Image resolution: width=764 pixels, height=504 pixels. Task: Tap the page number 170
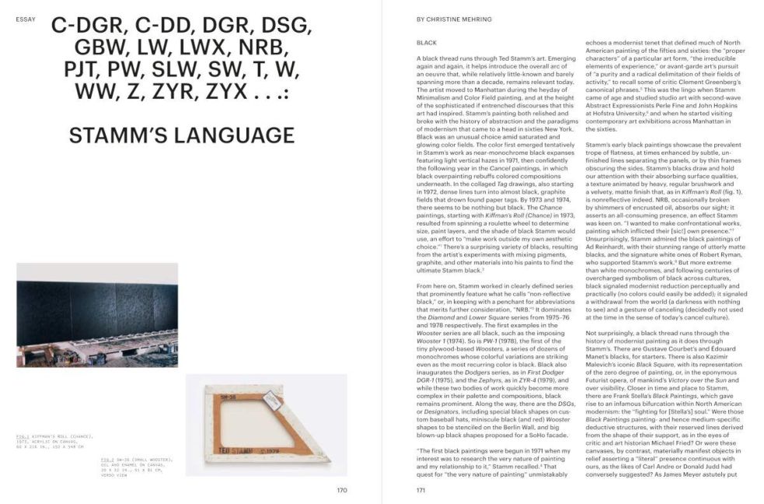coord(342,490)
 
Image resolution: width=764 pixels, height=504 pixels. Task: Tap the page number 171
coord(421,490)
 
